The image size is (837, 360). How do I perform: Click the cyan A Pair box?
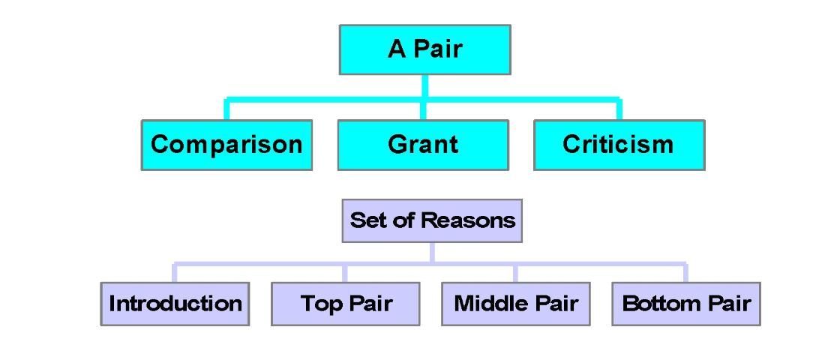pos(424,49)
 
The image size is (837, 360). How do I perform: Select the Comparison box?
pos(226,145)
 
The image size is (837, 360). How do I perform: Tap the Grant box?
pos(423,145)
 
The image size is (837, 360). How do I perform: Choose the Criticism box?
pos(619,145)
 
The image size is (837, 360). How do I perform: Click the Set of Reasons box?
pos(432,220)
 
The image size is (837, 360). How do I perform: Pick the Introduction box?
pos(175,304)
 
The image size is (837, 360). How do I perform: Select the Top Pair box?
pos(345,304)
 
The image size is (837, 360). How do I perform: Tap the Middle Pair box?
pos(515,304)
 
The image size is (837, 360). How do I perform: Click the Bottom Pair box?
pos(686,304)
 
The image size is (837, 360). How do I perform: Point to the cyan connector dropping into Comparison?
pos(226,109)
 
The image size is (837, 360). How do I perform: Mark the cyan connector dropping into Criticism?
pos(619,109)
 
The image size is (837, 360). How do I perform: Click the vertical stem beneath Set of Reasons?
pos(432,252)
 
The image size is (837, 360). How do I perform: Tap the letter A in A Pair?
pos(396,49)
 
